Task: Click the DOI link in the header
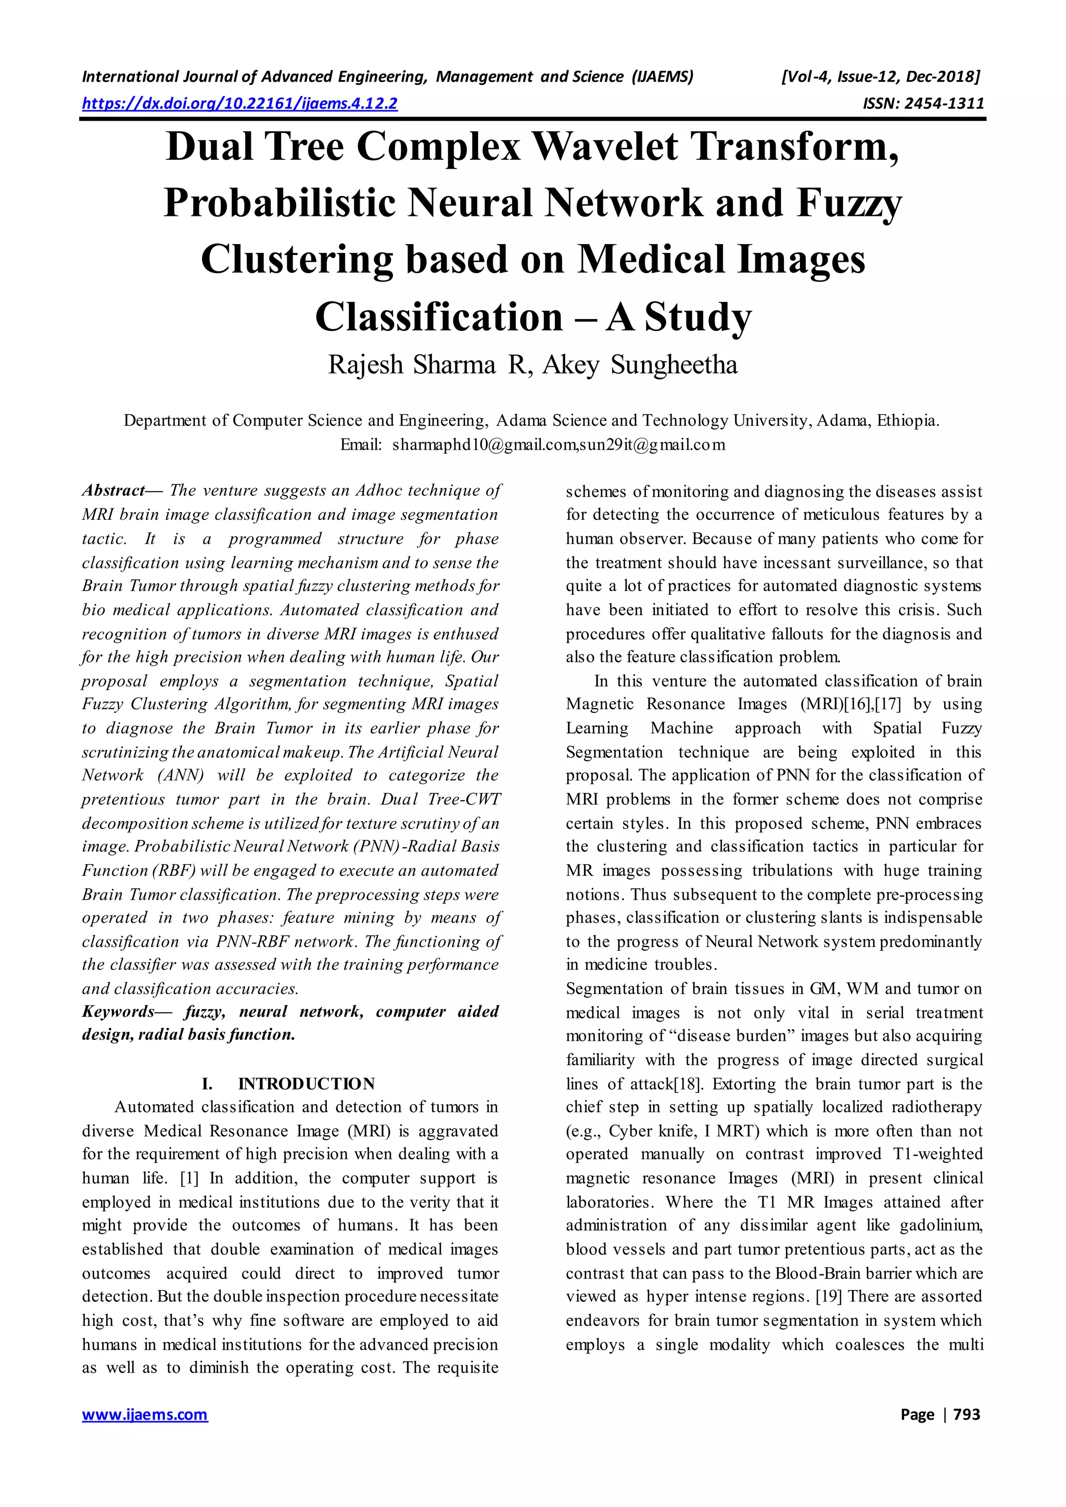coord(239,104)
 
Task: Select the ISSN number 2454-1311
coord(943,104)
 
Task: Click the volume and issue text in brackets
coord(880,78)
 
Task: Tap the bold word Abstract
coord(113,490)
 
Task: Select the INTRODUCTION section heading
coord(307,1083)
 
